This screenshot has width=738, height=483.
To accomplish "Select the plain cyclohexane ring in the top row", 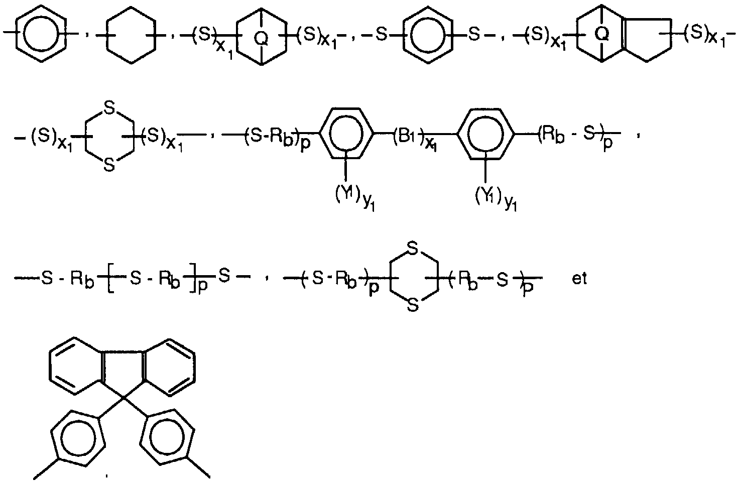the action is click(x=132, y=35).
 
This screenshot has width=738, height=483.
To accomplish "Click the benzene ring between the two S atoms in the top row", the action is click(x=427, y=35).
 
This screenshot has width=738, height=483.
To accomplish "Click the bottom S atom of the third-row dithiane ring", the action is click(x=413, y=306).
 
